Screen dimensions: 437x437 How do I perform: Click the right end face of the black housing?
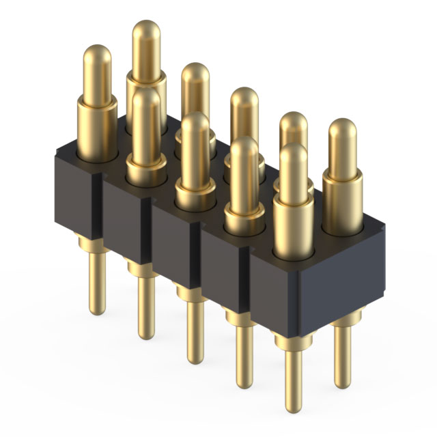click(335, 273)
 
